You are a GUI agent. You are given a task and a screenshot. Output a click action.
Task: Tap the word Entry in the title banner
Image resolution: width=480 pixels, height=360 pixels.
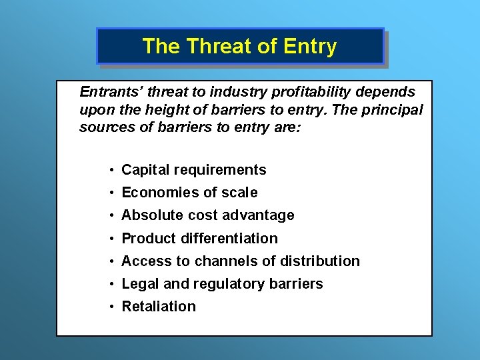click(x=310, y=46)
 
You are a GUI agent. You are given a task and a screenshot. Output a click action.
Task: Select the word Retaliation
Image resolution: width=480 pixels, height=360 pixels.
click(x=159, y=306)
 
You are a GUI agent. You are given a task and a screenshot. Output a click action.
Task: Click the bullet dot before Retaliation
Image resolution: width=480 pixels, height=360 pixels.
click(x=113, y=307)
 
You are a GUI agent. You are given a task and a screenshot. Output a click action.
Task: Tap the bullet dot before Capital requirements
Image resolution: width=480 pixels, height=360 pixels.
click(x=113, y=171)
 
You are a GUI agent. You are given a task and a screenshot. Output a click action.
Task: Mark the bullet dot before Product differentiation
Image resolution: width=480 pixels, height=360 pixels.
click(x=113, y=239)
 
